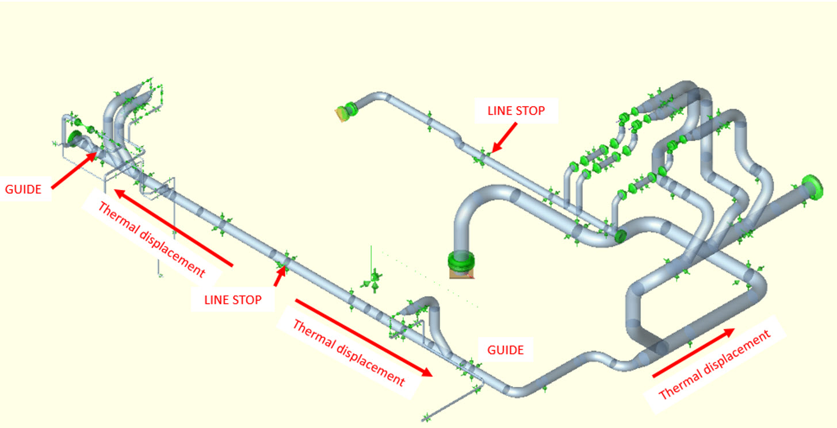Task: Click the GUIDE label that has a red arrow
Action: pos(24,189)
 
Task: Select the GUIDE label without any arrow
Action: pos(506,350)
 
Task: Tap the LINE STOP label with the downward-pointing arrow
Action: pos(515,110)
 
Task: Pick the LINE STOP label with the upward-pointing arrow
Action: pos(232,299)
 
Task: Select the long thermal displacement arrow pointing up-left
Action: pos(172,227)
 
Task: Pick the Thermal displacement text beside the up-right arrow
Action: pos(714,367)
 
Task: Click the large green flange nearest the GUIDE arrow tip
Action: pos(74,138)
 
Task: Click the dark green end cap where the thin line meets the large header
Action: pos(620,235)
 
